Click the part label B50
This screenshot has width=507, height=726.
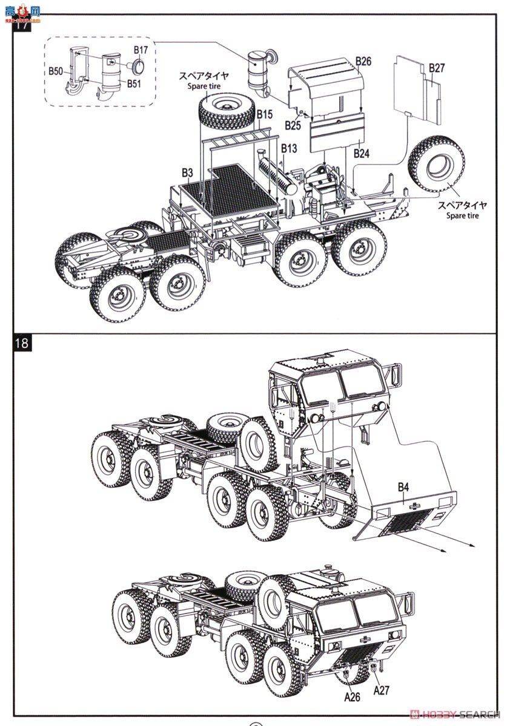(55, 71)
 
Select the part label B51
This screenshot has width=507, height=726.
(134, 83)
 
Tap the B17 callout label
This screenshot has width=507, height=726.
(141, 50)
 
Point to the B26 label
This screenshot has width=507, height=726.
(363, 61)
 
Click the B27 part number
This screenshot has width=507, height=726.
(436, 68)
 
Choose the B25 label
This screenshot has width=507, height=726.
(293, 125)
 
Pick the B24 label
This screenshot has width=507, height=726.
(362, 154)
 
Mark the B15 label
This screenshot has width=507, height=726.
(265, 114)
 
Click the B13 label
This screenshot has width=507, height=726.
(289, 149)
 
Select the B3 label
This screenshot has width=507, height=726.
(187, 173)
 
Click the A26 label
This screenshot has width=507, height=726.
(353, 697)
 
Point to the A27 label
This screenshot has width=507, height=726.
(382, 690)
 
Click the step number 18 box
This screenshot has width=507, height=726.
(22, 342)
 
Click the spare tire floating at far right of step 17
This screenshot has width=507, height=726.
(436, 163)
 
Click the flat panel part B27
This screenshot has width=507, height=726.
(417, 85)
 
